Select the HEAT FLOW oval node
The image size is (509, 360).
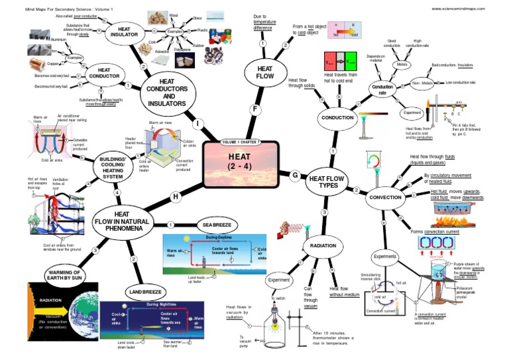click(x=264, y=71)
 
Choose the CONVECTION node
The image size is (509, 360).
click(x=385, y=198)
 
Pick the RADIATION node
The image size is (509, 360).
click(x=324, y=246)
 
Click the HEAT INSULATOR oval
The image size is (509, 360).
click(x=124, y=32)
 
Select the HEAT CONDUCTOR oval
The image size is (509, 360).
click(x=103, y=73)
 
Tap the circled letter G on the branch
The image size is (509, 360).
click(x=295, y=174)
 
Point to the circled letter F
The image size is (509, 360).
click(x=254, y=108)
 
